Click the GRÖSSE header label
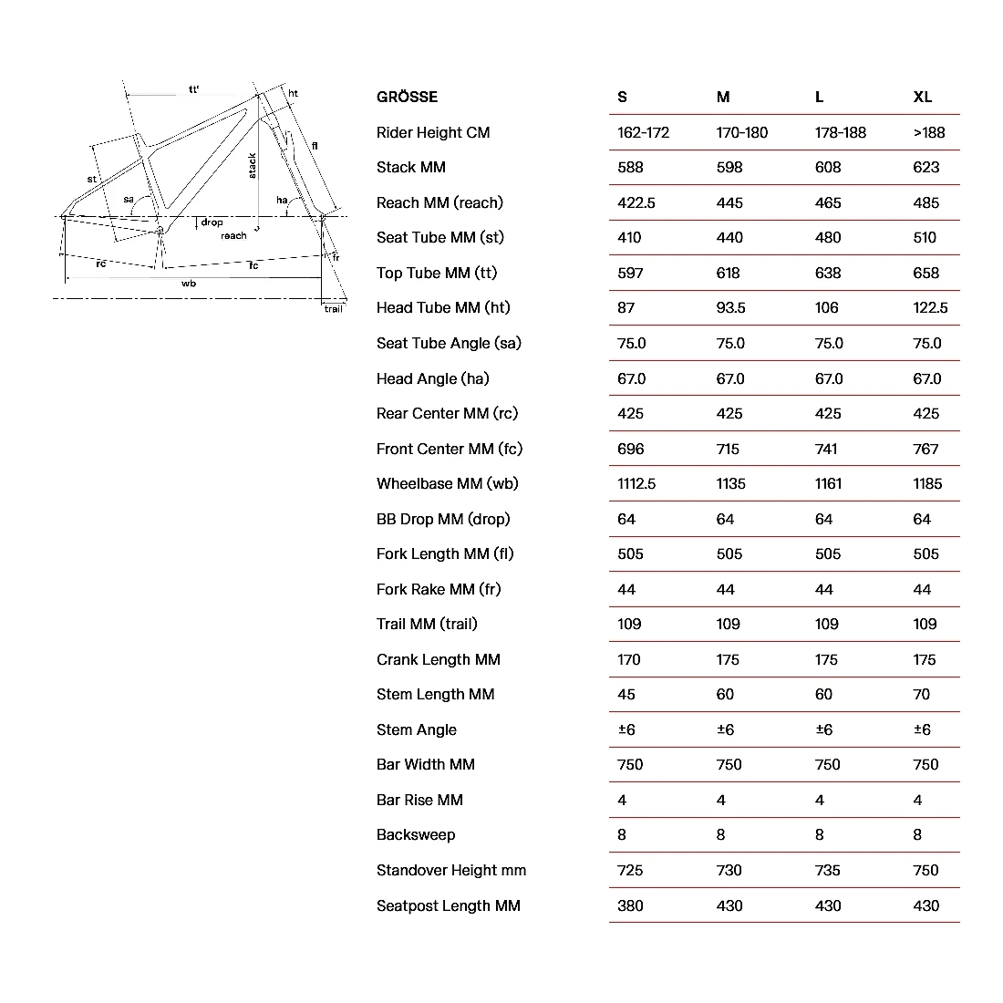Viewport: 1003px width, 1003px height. point(407,97)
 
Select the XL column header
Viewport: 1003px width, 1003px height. point(923,97)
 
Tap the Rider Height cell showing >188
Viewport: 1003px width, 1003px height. point(929,132)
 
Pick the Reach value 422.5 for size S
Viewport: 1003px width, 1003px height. point(636,202)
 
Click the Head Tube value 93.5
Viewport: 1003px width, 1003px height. point(731,307)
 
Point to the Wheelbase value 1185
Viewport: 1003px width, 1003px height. point(927,483)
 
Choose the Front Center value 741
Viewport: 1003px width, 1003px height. point(828,449)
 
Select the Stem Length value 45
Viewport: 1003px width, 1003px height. point(626,694)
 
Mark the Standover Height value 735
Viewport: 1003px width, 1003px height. point(828,870)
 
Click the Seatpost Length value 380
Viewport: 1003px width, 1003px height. point(630,905)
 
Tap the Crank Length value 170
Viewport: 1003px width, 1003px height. point(629,659)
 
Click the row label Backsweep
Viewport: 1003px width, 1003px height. point(416,834)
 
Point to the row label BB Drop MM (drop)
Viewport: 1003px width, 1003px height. point(443,519)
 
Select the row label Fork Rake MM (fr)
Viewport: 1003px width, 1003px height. point(439,589)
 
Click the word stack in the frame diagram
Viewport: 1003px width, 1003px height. point(253,165)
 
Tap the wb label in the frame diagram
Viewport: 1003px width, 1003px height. point(189,284)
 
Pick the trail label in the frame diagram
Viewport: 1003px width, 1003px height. point(334,309)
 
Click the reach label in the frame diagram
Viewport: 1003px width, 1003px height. point(233,236)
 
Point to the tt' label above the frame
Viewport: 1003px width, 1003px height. point(194,89)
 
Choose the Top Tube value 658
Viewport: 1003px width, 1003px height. point(926,273)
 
